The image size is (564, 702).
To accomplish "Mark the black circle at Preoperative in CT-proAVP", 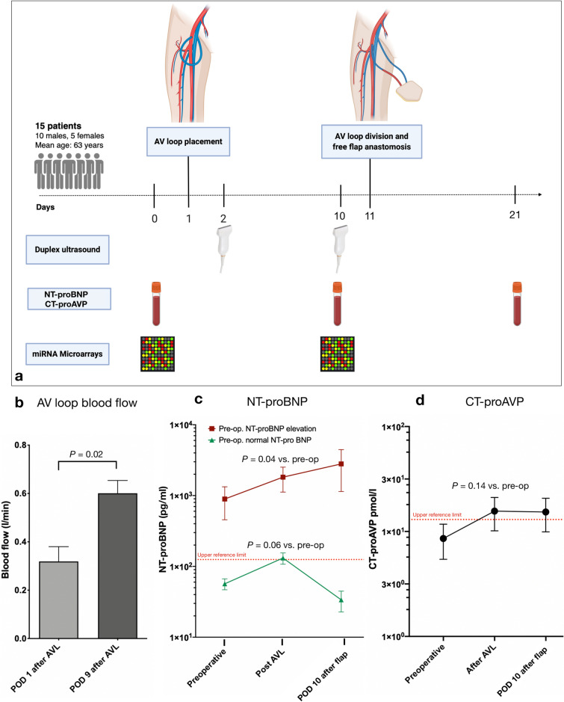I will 444,559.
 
